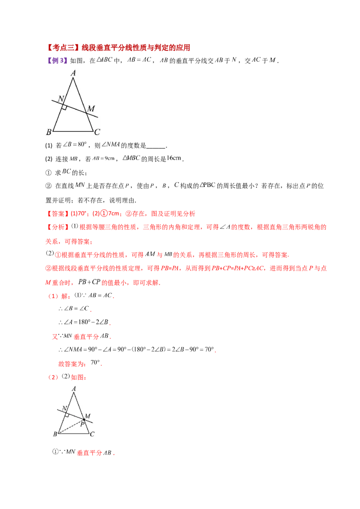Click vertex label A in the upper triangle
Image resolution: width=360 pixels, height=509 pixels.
(73, 72)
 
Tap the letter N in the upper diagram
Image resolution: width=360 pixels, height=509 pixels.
(60, 99)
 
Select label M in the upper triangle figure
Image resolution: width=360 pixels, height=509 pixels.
(91, 109)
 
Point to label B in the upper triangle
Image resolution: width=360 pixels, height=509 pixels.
(49, 132)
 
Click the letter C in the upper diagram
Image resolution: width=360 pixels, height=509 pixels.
(97, 132)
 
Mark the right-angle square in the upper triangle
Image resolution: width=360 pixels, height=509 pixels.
(65, 107)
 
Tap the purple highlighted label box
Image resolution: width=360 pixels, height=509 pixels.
(57, 60)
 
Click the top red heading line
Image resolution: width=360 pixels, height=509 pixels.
(119, 47)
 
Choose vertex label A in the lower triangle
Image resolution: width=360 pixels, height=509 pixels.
(73, 388)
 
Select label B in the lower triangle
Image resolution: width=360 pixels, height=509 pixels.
(55, 434)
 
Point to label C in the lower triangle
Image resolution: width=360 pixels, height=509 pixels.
(92, 434)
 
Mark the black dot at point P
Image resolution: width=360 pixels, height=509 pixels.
(83, 420)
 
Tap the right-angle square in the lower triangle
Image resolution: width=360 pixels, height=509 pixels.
(67, 414)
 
